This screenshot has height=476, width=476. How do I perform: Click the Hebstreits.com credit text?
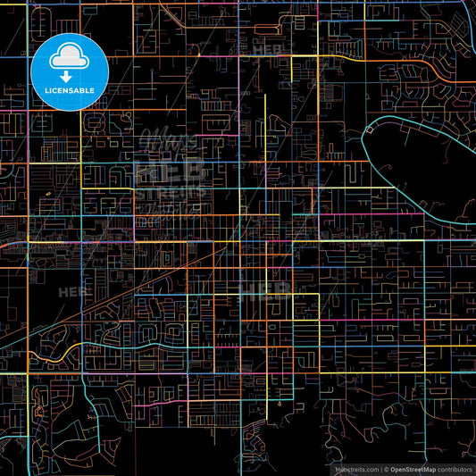356,468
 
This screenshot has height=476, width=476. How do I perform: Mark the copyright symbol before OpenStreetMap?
386,468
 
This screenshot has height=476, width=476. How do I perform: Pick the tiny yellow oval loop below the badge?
44,190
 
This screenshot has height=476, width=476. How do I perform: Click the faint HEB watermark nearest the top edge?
268,51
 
